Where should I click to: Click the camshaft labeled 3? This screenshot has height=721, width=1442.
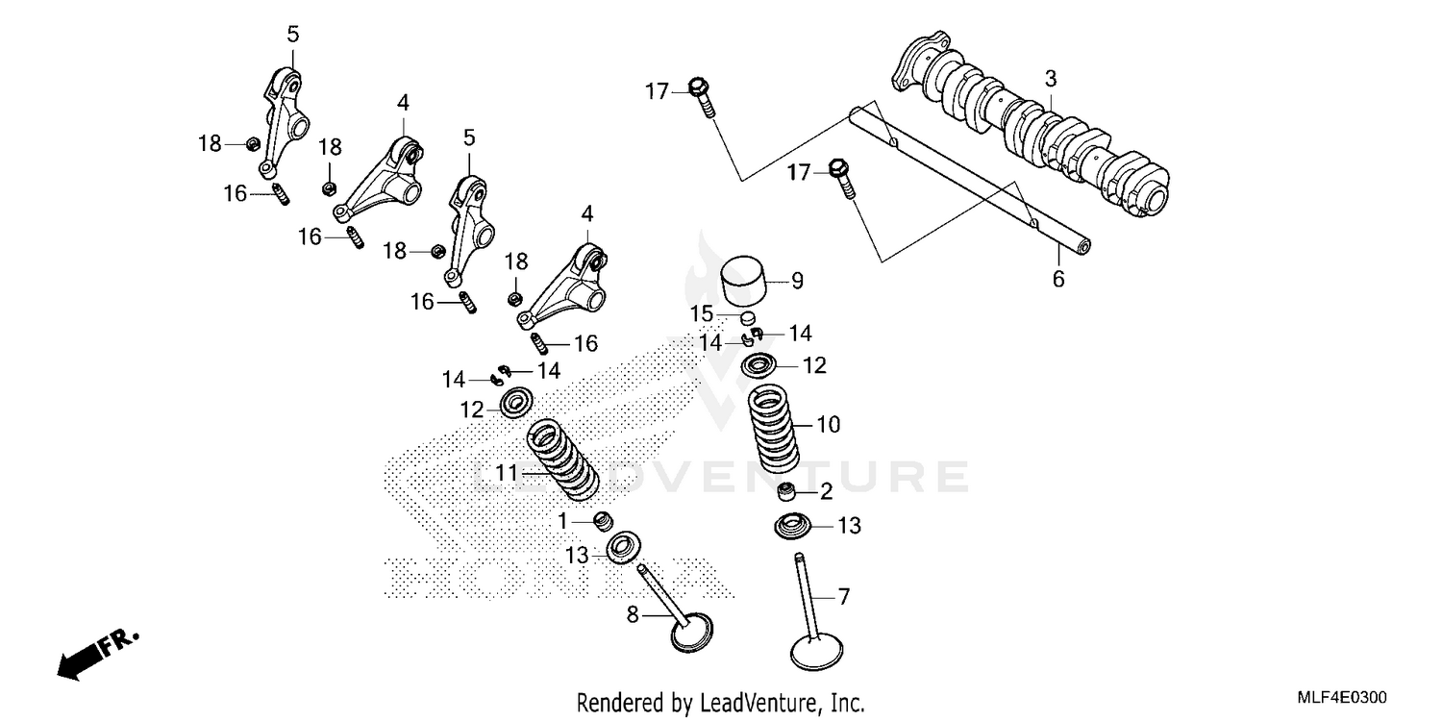tap(1038, 130)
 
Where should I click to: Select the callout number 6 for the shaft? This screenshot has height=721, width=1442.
tap(1058, 280)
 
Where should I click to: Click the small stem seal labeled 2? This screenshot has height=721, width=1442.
tap(789, 494)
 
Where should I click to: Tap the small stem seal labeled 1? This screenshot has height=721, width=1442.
tap(604, 521)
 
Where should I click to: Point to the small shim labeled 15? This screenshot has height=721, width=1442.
tap(749, 316)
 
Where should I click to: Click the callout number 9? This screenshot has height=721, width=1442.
tap(796, 281)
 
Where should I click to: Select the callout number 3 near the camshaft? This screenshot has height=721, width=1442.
tap(1051, 78)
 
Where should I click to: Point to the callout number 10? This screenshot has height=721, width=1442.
tap(828, 424)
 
